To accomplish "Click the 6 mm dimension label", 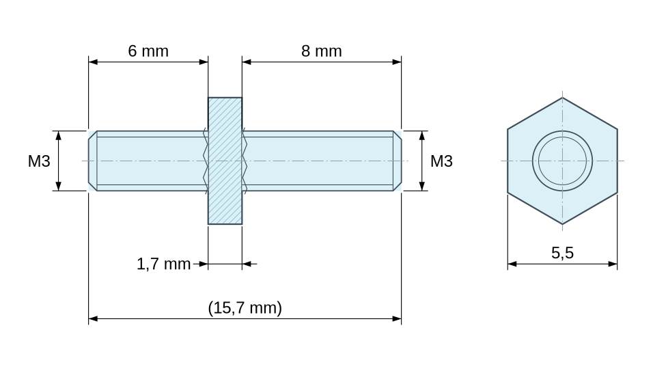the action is [x=148, y=51].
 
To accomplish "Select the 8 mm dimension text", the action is [x=322, y=51].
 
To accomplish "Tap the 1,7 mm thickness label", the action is [x=164, y=264].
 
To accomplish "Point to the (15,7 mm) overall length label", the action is [x=245, y=307].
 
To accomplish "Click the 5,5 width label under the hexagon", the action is [x=562, y=253].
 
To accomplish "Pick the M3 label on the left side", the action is [x=39, y=161].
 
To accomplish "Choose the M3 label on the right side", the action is [x=441, y=161].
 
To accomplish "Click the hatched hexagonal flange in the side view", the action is [x=225, y=161].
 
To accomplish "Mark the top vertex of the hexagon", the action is [x=563, y=98].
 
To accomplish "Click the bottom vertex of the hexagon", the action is [x=563, y=225].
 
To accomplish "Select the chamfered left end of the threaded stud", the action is [x=92, y=161].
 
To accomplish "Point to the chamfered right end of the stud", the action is [x=398, y=161].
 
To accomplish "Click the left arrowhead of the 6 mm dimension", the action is [x=93, y=62].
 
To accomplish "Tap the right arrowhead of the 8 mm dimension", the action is [x=397, y=62].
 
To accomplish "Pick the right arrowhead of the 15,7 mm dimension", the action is [x=397, y=318].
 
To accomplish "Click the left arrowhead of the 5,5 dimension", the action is [x=512, y=264].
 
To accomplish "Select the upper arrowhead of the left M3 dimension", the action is [x=59, y=135].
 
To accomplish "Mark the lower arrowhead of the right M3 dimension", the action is [x=422, y=186].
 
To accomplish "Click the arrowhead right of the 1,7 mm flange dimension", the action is [x=247, y=264].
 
